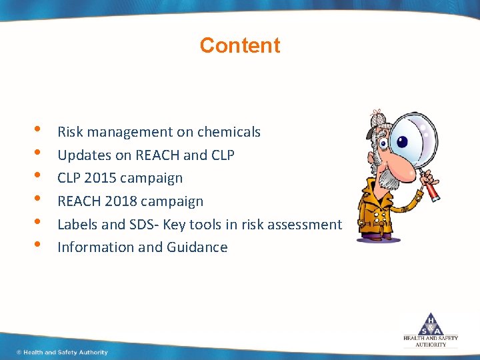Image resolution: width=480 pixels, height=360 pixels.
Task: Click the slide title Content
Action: [x=240, y=45]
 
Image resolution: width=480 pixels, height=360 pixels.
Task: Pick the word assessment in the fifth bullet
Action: [x=306, y=225]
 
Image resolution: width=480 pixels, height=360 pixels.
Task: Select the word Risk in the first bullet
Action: [x=69, y=132]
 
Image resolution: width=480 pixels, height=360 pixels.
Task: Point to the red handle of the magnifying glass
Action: [x=432, y=190]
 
